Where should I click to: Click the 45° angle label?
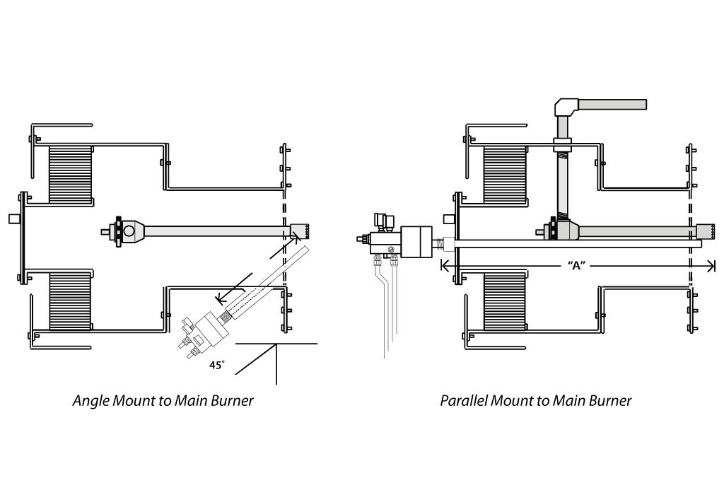217,365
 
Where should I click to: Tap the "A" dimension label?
576,265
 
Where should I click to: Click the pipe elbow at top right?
565,107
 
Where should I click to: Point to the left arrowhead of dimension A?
445,265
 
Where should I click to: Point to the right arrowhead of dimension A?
711,265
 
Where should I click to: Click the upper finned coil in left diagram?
71,174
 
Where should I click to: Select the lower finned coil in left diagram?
70,301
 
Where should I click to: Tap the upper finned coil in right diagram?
505,175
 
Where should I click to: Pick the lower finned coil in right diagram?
504,301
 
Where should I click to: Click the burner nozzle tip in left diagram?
300,231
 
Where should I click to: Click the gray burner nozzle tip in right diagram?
705,231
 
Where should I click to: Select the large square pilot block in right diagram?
416,241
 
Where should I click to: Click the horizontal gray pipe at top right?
612,105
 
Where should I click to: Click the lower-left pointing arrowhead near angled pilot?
221,298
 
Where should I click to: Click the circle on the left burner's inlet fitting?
130,230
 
